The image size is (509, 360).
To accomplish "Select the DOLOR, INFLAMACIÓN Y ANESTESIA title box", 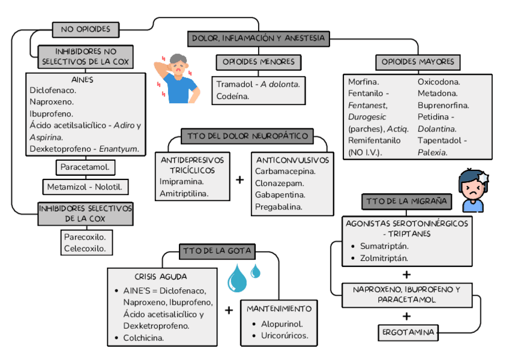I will tap(259, 39).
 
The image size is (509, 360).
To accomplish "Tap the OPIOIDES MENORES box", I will tap(258, 62).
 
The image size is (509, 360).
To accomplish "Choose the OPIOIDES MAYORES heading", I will tap(418, 62).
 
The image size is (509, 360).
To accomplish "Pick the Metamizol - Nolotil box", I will tap(85, 187).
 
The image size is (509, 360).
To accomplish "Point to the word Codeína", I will tap(233, 96).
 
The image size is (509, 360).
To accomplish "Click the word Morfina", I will tap(364, 82).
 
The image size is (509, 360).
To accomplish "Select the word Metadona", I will tap(438, 94).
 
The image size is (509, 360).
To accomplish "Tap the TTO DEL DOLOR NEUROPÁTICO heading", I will tap(247, 136).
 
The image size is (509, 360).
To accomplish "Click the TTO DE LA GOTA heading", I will tap(217, 251).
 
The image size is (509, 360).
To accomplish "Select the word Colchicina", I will tap(143, 338).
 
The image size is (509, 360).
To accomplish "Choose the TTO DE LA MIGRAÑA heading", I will tap(406, 201).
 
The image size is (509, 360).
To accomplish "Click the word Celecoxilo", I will tap(85, 248).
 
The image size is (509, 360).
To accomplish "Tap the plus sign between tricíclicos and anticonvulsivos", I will tap(240, 179).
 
